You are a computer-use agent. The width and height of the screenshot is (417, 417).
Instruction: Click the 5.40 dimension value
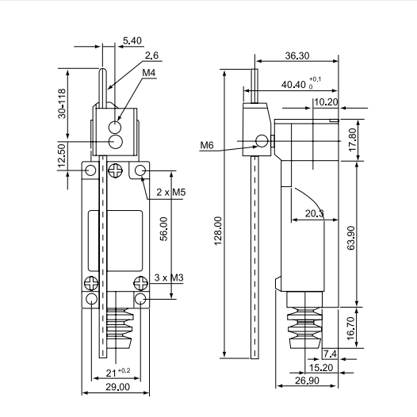(132, 40)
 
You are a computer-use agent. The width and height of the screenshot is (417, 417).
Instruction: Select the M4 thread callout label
(149, 73)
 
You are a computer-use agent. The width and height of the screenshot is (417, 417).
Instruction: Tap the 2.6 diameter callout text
(151, 55)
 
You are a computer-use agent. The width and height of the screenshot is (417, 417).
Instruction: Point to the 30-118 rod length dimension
(62, 103)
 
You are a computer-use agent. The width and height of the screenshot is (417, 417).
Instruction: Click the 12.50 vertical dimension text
(62, 155)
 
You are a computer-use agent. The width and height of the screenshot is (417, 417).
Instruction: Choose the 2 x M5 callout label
(171, 192)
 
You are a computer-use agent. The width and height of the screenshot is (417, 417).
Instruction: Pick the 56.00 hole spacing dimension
(164, 229)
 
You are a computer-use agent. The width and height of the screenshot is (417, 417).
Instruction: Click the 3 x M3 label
(169, 277)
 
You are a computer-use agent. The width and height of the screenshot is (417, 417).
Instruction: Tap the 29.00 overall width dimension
(118, 387)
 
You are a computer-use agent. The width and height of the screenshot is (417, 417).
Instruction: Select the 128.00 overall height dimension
(218, 231)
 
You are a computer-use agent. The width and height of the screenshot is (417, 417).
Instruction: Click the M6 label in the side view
(207, 145)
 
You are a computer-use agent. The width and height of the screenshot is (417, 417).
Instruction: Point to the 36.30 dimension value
(297, 55)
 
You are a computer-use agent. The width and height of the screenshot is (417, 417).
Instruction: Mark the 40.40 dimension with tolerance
(301, 83)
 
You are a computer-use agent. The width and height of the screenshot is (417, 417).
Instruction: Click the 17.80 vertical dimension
(352, 140)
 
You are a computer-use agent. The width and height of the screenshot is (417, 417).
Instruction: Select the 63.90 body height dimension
(351, 238)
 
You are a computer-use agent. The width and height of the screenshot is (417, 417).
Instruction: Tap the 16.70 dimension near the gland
(351, 328)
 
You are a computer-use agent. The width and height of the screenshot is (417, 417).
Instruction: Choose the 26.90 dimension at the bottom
(307, 381)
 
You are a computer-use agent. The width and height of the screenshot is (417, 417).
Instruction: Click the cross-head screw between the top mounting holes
(116, 170)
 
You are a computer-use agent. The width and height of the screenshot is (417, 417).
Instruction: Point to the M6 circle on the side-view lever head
(262, 140)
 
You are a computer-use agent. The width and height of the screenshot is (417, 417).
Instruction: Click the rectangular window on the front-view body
(115, 241)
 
